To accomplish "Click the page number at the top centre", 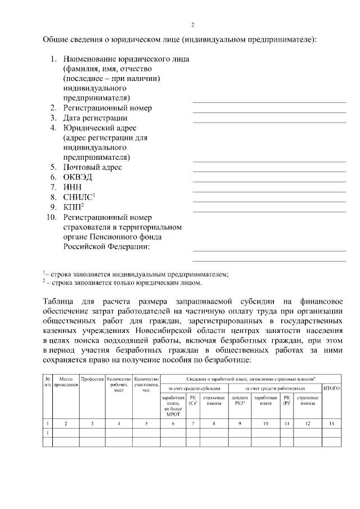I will pos(192,25).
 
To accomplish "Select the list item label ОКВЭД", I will pos(78,177).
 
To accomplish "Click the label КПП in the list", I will pos(73,207).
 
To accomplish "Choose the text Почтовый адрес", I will pos(92,167).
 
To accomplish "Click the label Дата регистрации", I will pos(95,118).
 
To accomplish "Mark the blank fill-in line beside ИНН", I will pos(269,191).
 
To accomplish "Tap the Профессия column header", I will pos(93,380).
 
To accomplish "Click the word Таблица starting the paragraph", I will pos(61,299).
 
